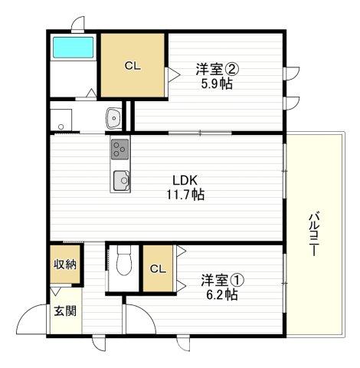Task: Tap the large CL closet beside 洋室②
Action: (x=133, y=66)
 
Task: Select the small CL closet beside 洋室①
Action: (x=157, y=268)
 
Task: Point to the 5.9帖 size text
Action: (x=218, y=84)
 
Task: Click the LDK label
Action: (x=186, y=181)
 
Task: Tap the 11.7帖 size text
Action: (x=186, y=195)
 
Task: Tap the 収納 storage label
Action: (x=64, y=265)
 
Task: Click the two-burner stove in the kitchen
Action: (x=120, y=147)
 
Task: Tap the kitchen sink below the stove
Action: (x=121, y=181)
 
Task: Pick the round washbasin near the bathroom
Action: (x=113, y=119)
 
